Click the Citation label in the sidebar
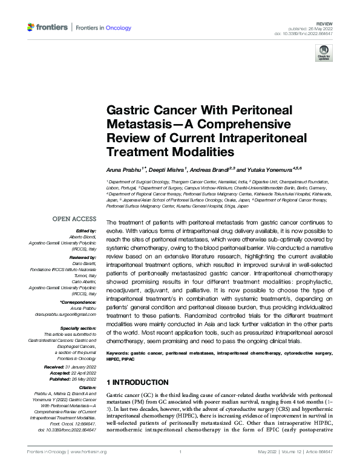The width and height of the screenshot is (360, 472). pyautogui.click(x=87, y=385)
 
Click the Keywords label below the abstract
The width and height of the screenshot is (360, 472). pyautogui.click(x=119, y=352)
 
